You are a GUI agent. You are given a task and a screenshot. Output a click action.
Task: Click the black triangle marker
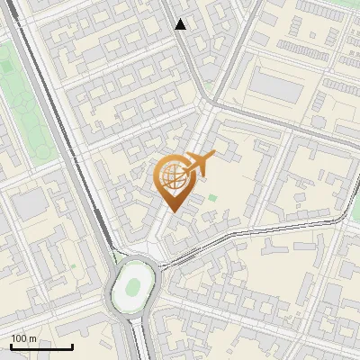coord(181,24)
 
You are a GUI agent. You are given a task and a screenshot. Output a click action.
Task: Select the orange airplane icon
coord(199,164)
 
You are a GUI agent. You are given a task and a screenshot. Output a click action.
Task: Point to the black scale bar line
coord(41,347)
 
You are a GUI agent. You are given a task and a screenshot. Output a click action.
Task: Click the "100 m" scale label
coord(24,338)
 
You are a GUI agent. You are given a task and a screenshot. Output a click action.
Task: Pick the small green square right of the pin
coord(213,198)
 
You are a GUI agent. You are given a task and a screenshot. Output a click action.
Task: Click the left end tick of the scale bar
coord(11,346)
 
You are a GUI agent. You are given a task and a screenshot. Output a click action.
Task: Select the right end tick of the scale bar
coord(72,346)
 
